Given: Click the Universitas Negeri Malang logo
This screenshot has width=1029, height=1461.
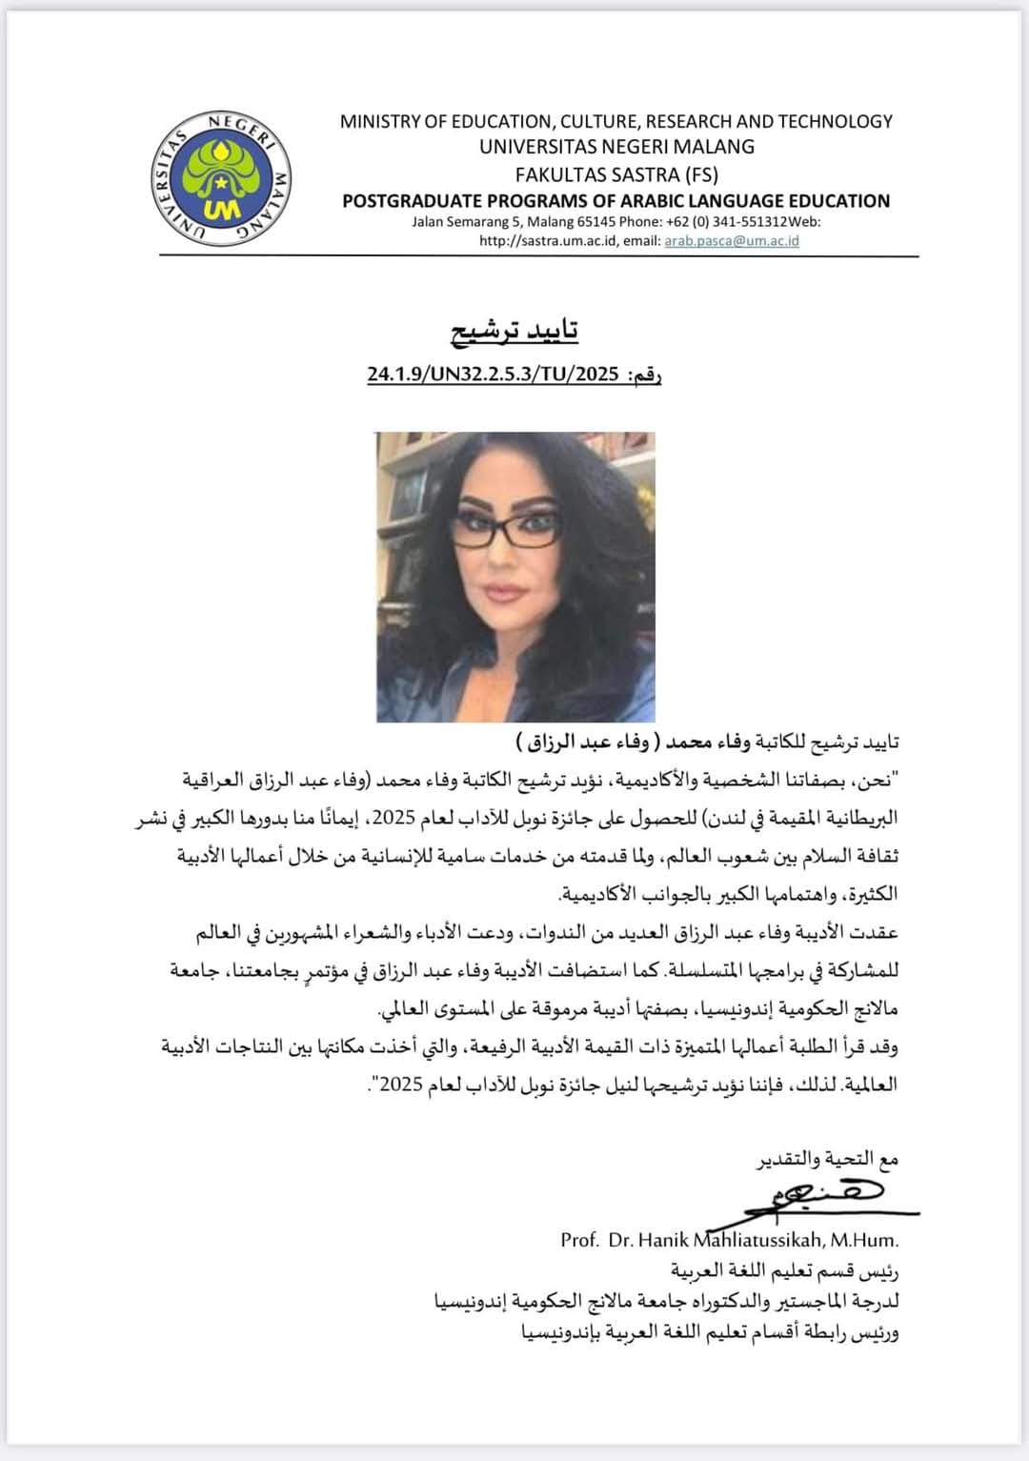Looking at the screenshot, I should (x=222, y=178).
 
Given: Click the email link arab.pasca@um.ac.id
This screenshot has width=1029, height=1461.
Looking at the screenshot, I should (x=731, y=241).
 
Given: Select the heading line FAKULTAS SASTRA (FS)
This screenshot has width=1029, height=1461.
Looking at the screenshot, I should (x=616, y=174).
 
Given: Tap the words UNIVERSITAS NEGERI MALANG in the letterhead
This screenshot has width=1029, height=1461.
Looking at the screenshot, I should (x=616, y=147).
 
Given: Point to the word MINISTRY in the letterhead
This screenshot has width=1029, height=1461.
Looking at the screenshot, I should (x=380, y=121).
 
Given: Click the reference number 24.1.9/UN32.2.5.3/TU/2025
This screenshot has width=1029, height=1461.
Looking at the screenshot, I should (x=494, y=374).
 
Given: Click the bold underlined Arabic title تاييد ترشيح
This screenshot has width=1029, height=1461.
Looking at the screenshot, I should (x=514, y=330).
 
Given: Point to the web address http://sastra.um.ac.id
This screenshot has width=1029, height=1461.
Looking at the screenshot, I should (x=548, y=241).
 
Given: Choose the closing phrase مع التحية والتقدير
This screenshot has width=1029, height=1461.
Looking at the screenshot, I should (x=827, y=1159).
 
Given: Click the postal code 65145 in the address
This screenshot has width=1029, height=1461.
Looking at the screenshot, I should (x=596, y=222).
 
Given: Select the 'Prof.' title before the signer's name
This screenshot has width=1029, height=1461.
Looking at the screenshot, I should (x=579, y=1241).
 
